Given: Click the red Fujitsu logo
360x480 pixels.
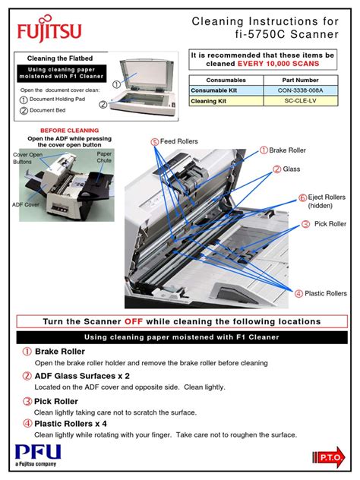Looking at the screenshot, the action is pyautogui.click(x=49, y=29).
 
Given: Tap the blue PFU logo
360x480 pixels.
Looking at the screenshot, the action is pyautogui.click(x=38, y=455).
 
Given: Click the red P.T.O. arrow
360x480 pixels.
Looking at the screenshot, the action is pyautogui.click(x=329, y=457).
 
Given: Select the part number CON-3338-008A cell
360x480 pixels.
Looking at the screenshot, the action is pyautogui.click(x=301, y=90).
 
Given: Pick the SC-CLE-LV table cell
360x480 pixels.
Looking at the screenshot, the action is pyautogui.click(x=301, y=101).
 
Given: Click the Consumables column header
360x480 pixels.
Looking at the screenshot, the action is pyautogui.click(x=226, y=81).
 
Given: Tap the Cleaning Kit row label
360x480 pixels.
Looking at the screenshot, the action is pyautogui.click(x=208, y=101).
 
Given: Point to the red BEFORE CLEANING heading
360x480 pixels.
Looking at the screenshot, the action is pyautogui.click(x=69, y=131).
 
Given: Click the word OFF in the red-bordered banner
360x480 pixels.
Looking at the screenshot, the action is pyautogui.click(x=134, y=321).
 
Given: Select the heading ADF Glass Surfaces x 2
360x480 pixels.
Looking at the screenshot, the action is pyautogui.click(x=82, y=376).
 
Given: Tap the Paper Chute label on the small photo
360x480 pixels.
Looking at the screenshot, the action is pyautogui.click(x=104, y=157).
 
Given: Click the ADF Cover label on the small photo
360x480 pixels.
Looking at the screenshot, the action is pyautogui.click(x=25, y=204).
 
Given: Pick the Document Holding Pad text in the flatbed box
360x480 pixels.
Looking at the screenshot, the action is pyautogui.click(x=57, y=99).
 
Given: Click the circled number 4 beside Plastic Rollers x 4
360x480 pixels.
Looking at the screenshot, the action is pyautogui.click(x=27, y=424).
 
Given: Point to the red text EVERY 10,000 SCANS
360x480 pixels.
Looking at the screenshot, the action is pyautogui.click(x=278, y=64).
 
